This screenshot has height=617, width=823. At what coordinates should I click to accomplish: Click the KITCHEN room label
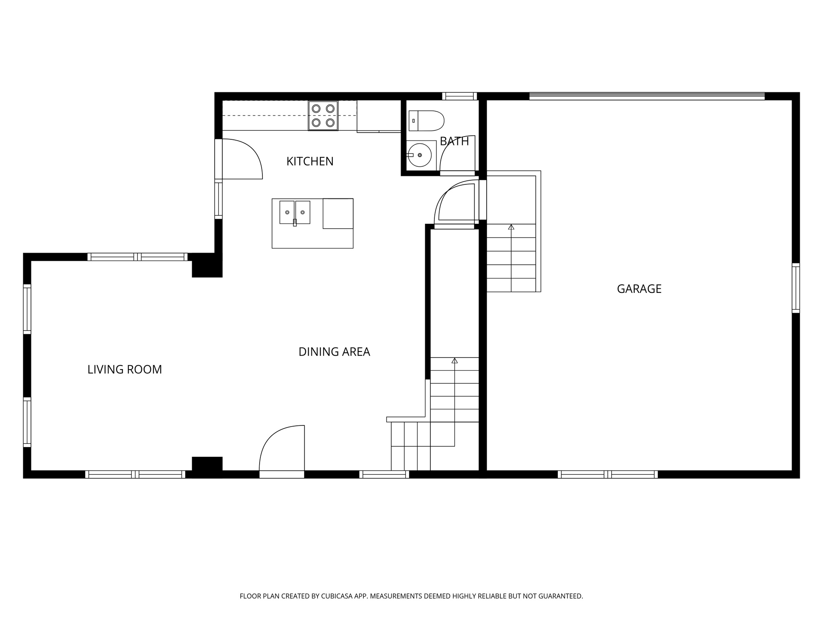click(x=310, y=161)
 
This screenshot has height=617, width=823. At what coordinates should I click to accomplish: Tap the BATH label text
click(x=454, y=141)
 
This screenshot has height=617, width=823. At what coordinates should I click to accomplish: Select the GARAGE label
click(x=639, y=289)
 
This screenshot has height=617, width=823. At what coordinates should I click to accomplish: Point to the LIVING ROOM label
click(x=125, y=370)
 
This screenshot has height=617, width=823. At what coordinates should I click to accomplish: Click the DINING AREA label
click(x=334, y=352)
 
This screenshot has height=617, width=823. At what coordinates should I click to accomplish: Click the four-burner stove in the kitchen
click(x=323, y=116)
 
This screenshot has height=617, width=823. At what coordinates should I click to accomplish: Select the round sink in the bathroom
click(x=420, y=155)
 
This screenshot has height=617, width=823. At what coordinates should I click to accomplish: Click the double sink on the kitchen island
click(x=295, y=212)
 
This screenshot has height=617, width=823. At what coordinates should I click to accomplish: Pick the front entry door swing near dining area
click(x=283, y=448)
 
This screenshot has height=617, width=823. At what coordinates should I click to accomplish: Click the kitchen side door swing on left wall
click(x=241, y=159)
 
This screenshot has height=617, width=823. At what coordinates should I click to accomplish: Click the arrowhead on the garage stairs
click(x=511, y=227)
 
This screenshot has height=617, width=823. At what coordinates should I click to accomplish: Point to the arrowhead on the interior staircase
click(x=454, y=361)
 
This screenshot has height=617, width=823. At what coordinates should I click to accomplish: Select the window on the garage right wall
click(x=795, y=288)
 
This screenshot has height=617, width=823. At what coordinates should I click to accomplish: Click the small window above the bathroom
click(x=459, y=96)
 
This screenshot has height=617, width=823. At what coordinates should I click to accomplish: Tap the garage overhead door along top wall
click(x=647, y=96)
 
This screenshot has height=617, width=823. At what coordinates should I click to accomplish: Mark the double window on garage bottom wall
click(x=608, y=474)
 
